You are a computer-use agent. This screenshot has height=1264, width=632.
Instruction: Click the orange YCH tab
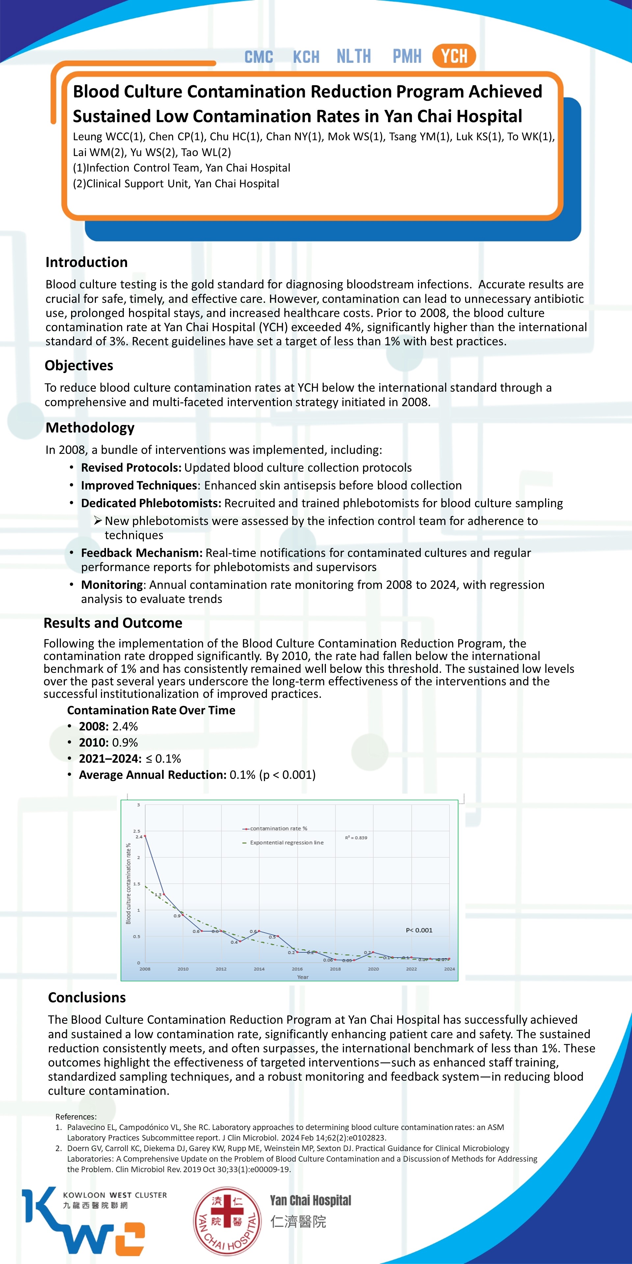[x=454, y=56]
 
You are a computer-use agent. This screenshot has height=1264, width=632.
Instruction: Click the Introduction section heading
[x=86, y=262]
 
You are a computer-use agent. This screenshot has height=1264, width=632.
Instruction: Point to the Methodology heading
[x=90, y=427]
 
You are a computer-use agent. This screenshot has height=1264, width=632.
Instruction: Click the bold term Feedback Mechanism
[x=141, y=553]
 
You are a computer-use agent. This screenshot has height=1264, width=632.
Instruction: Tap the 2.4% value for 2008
[x=125, y=726]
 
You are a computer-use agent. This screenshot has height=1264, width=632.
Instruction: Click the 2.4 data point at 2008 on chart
[x=145, y=836]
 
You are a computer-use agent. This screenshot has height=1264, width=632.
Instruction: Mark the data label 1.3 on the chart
[x=158, y=895]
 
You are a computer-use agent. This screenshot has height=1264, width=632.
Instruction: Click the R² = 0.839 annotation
[x=356, y=838]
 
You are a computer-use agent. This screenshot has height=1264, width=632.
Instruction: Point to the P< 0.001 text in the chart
[x=419, y=930]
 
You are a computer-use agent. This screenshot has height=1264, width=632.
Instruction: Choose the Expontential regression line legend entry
[x=287, y=843]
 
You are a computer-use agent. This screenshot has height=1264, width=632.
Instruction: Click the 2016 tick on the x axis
[x=297, y=969]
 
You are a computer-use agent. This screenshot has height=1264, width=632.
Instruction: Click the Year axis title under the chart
[x=303, y=977]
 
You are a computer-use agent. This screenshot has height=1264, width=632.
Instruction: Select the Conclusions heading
[x=87, y=998]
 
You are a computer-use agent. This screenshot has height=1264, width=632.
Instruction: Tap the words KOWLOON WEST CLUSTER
[x=115, y=1195]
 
